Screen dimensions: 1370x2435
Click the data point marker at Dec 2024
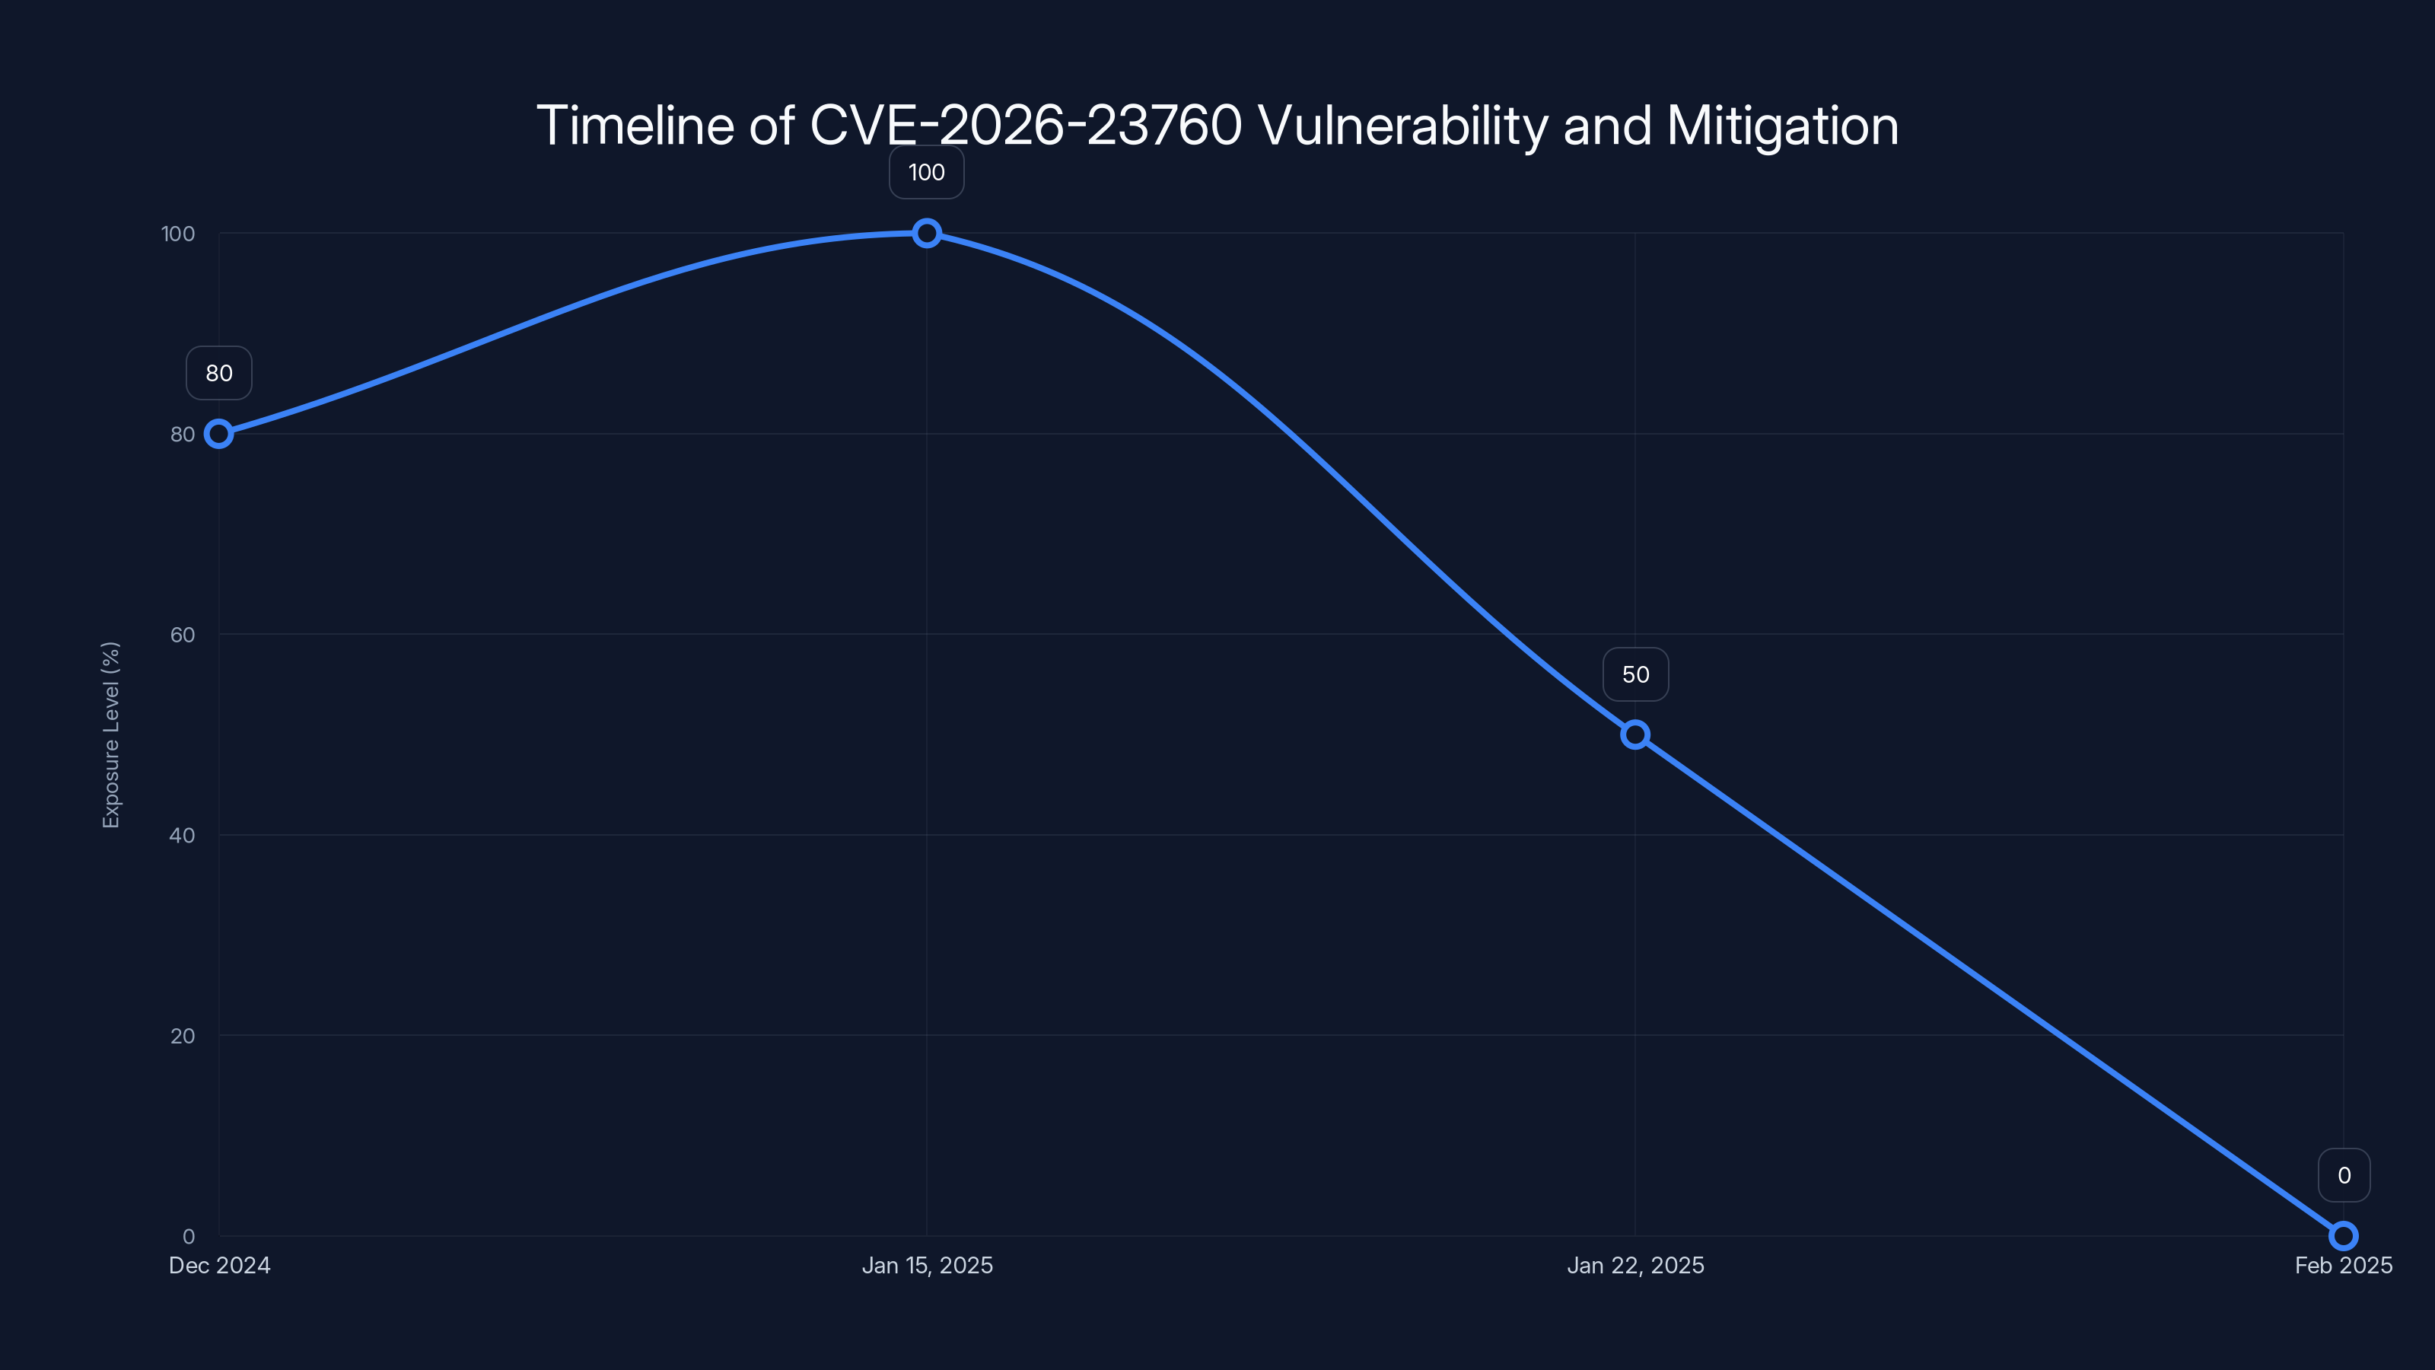(x=218, y=434)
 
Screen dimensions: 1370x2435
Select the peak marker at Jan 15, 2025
(x=926, y=234)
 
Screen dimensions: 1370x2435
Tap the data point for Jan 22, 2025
(x=1634, y=734)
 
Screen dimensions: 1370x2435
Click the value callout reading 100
(x=926, y=172)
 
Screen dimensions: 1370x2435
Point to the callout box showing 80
(x=218, y=374)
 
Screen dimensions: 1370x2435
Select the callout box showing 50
(x=1635, y=674)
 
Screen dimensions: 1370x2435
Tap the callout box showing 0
(x=2344, y=1175)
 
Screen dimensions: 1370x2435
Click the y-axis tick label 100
(x=178, y=234)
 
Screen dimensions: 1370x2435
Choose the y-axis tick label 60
(x=183, y=635)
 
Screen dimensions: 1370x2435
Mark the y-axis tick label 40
(x=183, y=835)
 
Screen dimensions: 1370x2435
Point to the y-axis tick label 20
(x=183, y=1035)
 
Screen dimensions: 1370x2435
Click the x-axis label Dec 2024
(x=219, y=1265)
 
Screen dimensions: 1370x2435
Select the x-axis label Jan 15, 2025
(x=926, y=1265)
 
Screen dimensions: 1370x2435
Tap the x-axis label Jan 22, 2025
(x=1635, y=1265)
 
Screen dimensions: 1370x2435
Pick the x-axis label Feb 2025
(x=2342, y=1265)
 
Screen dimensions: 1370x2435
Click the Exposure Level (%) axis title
(x=110, y=734)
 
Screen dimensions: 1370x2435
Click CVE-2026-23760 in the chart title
(x=1026, y=126)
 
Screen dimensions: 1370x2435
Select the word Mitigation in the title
(x=1782, y=126)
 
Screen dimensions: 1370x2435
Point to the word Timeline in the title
(x=635, y=126)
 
